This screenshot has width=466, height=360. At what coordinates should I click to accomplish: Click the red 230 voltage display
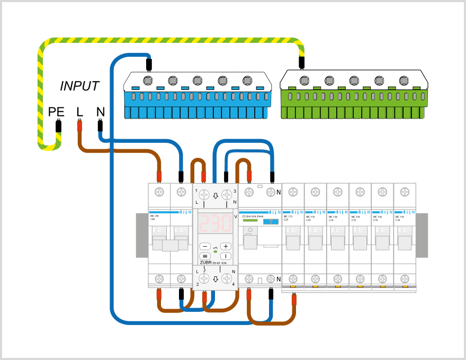[x=215, y=223]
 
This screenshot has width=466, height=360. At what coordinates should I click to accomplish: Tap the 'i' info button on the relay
[x=226, y=256]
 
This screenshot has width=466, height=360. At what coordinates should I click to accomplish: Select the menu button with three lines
[x=205, y=256]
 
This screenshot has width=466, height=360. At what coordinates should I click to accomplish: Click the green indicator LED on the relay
[x=216, y=251]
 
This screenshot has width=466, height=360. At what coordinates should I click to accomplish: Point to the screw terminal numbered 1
[x=204, y=195]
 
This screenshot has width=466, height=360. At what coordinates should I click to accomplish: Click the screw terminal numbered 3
[x=227, y=195]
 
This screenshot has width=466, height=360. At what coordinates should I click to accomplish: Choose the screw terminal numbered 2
[x=204, y=278]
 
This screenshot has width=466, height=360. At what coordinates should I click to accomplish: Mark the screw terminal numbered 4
[x=227, y=278]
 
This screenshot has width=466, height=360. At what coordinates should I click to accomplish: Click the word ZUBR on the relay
[x=206, y=263]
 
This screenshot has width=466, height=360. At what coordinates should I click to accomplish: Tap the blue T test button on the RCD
[x=271, y=221]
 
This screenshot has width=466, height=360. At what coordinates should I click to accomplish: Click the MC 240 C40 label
[x=155, y=217]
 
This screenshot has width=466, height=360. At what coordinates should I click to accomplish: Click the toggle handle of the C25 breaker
[x=293, y=242]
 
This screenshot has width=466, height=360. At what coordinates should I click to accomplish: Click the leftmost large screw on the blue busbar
[x=148, y=80]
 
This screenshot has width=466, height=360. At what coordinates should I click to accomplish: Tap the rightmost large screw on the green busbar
[x=405, y=80]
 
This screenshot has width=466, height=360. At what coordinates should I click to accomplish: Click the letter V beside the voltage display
[x=236, y=217]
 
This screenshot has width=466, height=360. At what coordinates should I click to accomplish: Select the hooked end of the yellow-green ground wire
[x=49, y=143]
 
